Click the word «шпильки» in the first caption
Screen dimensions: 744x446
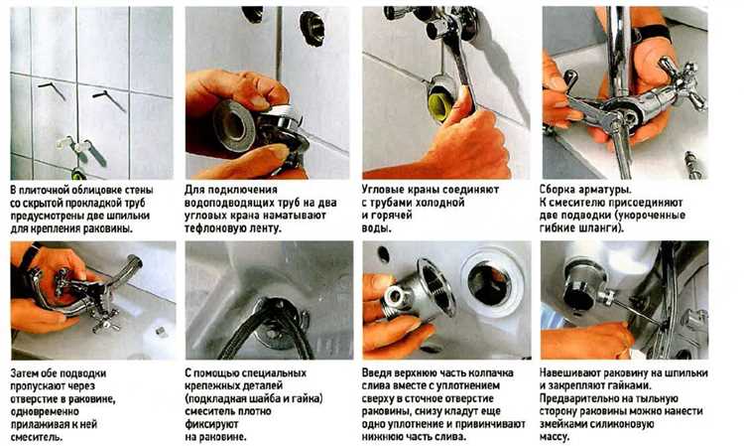pos(131,216)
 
